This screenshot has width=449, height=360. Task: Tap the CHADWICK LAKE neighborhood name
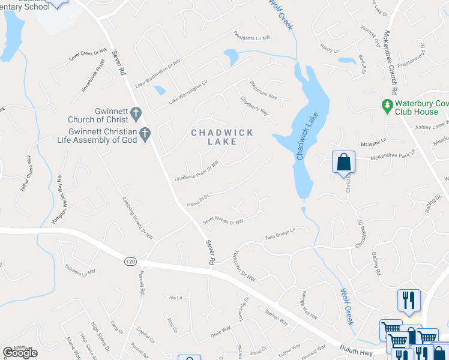pos(222,137)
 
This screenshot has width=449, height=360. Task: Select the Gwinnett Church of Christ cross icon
pos(136,112)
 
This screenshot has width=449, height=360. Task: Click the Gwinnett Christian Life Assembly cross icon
pos(144,135)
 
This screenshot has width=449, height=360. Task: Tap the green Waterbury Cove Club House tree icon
pos(388,106)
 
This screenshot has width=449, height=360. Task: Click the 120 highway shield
pos(130,262)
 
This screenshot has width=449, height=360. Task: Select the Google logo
pos(20,353)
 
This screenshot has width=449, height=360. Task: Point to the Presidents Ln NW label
pos(253,37)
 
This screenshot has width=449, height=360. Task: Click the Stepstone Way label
pos(263,88)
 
